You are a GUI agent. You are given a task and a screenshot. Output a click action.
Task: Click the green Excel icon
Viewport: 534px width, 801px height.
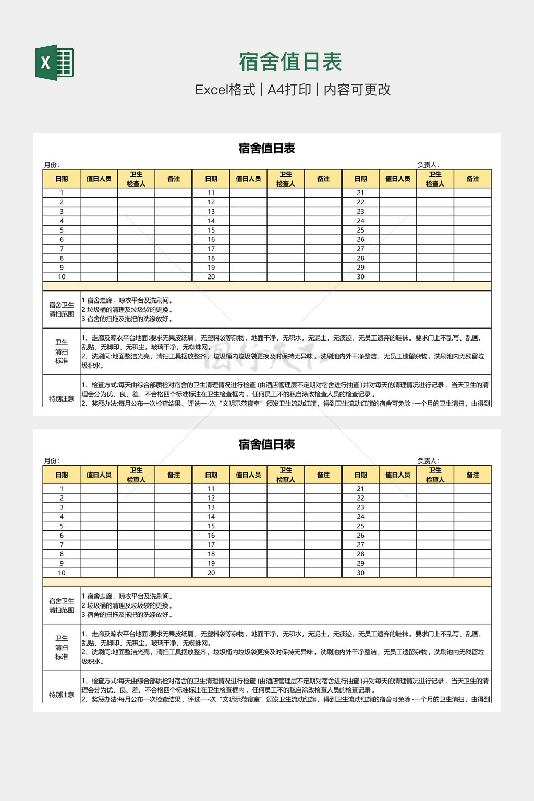click(54, 63)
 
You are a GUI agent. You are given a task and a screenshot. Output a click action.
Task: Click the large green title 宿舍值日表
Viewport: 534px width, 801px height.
click(290, 62)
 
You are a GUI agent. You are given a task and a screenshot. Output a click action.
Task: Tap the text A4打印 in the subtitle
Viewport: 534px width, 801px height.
click(289, 90)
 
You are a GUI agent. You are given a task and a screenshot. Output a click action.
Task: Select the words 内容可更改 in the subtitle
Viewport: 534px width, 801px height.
click(357, 90)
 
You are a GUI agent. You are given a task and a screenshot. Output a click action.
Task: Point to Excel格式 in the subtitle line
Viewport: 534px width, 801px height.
click(225, 90)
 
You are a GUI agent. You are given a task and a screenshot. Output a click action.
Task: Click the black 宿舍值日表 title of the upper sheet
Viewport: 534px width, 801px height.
click(266, 149)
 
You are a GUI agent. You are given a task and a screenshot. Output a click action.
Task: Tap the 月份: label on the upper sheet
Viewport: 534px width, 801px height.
click(52, 165)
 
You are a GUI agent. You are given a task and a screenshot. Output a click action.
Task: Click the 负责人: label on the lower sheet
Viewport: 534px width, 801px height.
click(428, 461)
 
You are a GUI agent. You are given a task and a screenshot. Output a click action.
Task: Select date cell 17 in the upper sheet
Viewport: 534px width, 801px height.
click(211, 249)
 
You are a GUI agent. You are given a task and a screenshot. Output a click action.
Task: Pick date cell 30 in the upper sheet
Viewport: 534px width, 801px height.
click(360, 277)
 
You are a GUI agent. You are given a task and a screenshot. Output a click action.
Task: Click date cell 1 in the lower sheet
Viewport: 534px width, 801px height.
click(62, 489)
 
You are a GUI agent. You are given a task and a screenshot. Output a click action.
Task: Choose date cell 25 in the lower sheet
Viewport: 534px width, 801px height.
click(360, 526)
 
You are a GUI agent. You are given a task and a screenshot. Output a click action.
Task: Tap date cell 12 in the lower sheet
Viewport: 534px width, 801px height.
click(211, 498)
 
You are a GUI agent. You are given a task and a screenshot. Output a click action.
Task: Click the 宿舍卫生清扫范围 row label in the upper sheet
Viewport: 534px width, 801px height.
click(62, 309)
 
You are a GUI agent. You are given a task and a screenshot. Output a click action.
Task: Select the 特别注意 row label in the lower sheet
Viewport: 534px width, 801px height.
click(62, 695)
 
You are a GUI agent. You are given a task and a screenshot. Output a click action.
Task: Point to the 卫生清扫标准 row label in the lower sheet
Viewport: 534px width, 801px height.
click(62, 647)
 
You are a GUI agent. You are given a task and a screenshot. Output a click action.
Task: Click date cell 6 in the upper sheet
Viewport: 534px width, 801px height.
click(62, 239)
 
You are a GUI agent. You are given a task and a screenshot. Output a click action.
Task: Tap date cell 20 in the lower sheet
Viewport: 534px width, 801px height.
click(211, 573)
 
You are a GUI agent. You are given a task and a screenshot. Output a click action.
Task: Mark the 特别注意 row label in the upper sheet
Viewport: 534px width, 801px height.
click(62, 399)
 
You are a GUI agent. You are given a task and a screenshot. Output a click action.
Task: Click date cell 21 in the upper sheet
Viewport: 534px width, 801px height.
click(360, 192)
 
